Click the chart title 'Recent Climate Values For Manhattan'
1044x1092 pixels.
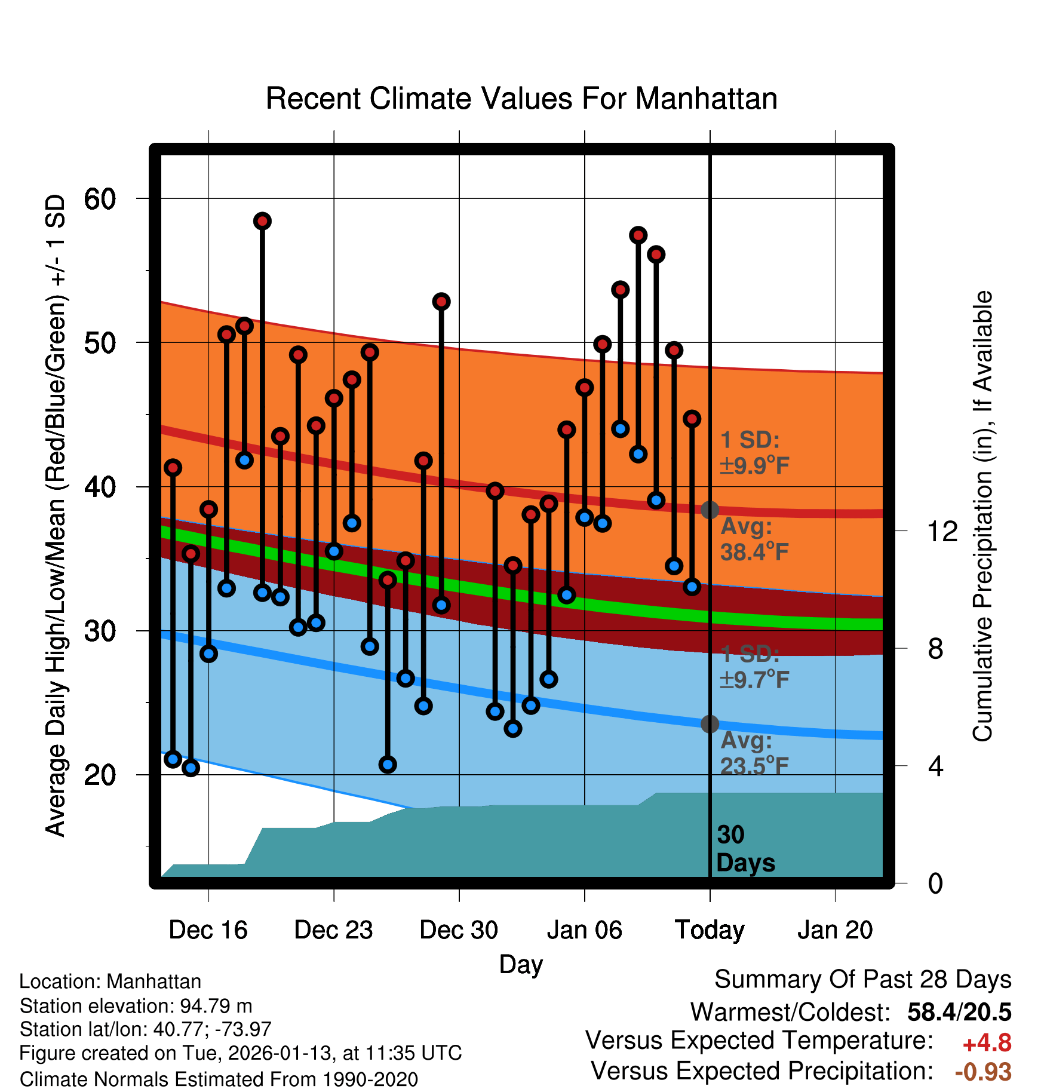click(x=521, y=99)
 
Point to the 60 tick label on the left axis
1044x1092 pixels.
click(x=100, y=199)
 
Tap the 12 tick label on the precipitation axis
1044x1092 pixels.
click(x=942, y=531)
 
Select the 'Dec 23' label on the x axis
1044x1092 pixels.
click(x=333, y=930)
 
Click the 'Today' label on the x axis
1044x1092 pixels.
click(x=710, y=930)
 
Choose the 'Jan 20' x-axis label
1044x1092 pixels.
click(x=835, y=930)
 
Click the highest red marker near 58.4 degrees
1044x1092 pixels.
click(x=262, y=221)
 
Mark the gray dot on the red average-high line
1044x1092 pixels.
click(x=710, y=510)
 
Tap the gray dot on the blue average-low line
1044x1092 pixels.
click(x=710, y=724)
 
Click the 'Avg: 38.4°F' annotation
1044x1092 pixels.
click(x=754, y=539)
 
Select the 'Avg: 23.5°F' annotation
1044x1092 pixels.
click(x=754, y=753)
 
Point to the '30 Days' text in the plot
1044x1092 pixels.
click(x=745, y=849)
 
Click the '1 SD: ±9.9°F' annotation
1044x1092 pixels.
click(x=754, y=453)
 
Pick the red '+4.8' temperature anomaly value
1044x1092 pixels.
click(x=987, y=1043)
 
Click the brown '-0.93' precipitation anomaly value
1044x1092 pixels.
click(x=983, y=1072)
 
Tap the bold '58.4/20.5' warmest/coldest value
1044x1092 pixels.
click(x=959, y=1012)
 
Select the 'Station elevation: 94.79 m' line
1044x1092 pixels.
click(x=136, y=1006)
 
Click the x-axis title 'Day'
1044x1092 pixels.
click(x=521, y=964)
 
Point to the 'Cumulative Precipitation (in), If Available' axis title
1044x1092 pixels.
click(x=982, y=516)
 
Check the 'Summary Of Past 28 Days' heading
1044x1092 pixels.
click(x=862, y=980)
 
